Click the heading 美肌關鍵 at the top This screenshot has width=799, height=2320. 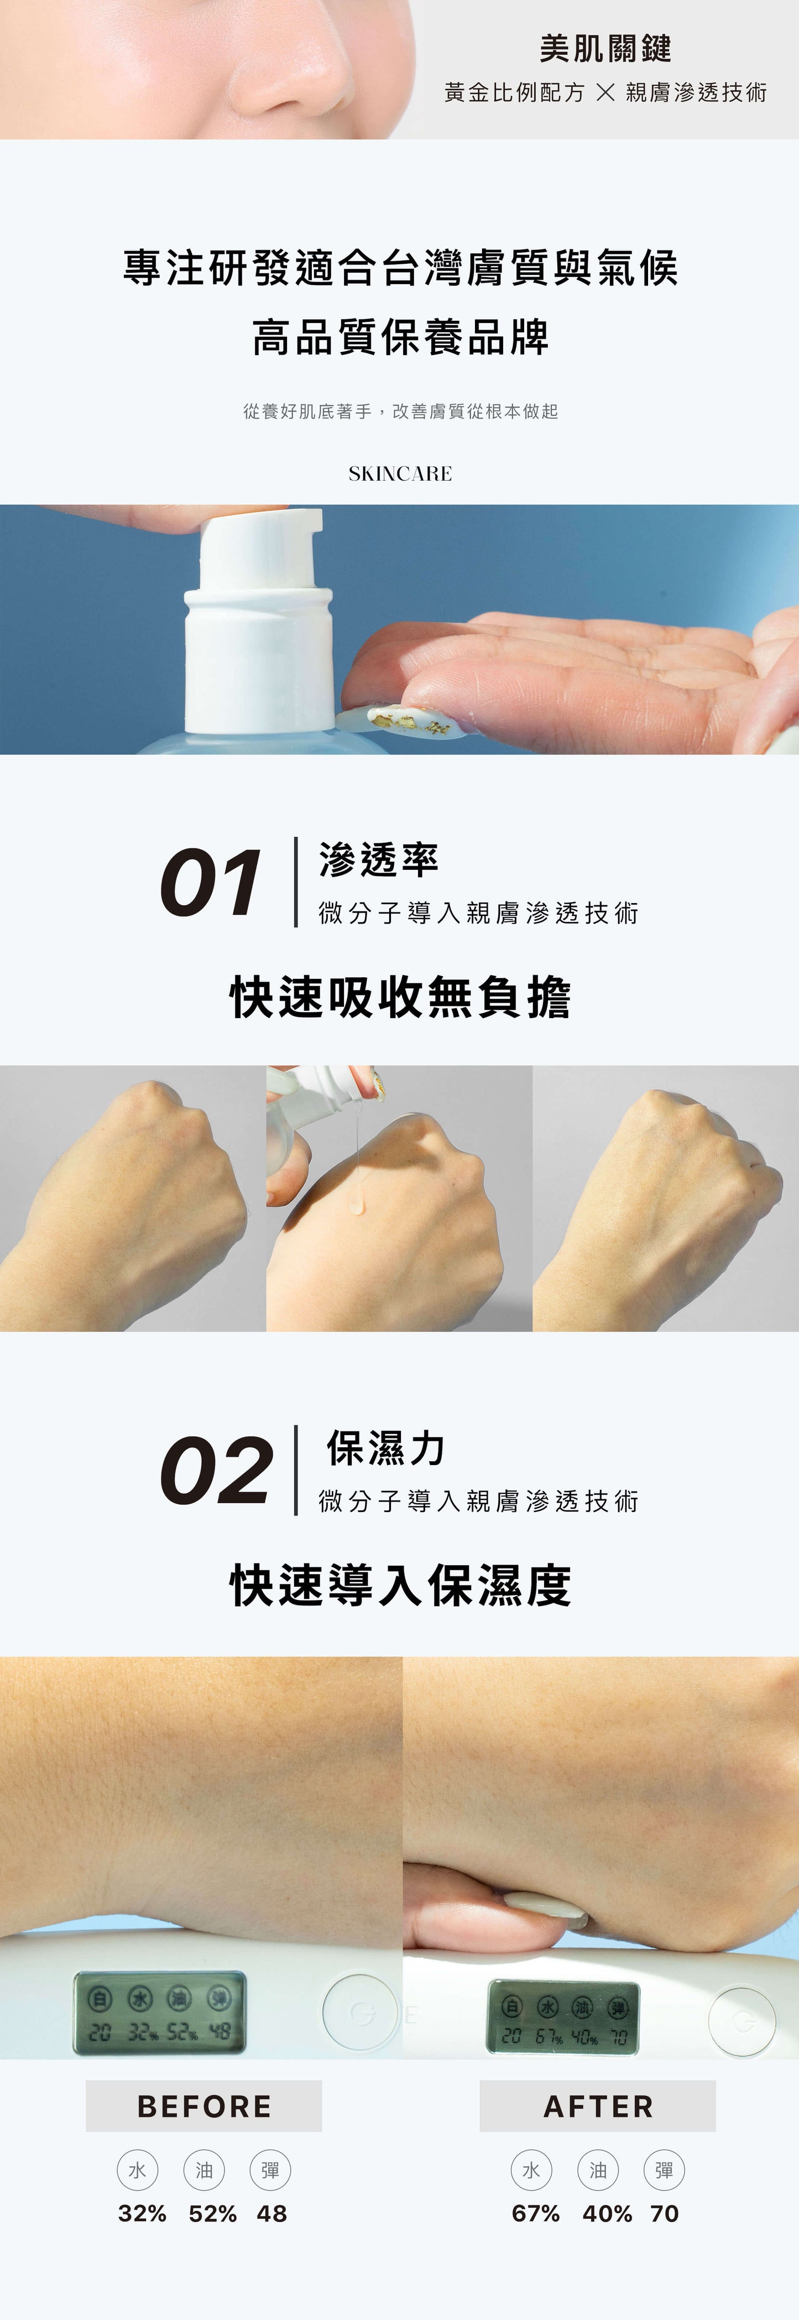pyautogui.click(x=605, y=49)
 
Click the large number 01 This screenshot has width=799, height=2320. pyautogui.click(x=211, y=884)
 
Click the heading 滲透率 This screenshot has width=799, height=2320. pyautogui.click(x=378, y=860)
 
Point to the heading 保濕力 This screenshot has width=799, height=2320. pyautogui.click(x=385, y=1448)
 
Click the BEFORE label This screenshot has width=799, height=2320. pyautogui.click(x=203, y=2107)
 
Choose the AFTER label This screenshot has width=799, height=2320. pyautogui.click(x=598, y=2107)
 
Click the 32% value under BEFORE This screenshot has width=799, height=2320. pyautogui.click(x=142, y=2214)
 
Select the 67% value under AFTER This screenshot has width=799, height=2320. pyautogui.click(x=536, y=2214)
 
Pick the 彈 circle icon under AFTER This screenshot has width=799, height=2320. pyautogui.click(x=664, y=2171)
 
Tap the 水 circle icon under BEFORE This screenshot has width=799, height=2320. pyautogui.click(x=137, y=2171)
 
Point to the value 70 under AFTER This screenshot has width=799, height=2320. pyautogui.click(x=664, y=2214)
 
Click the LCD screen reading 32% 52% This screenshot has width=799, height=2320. pyautogui.click(x=159, y=2012)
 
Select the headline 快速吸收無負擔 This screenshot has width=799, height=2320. pyautogui.click(x=400, y=997)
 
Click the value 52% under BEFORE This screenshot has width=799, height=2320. pyautogui.click(x=212, y=2214)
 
